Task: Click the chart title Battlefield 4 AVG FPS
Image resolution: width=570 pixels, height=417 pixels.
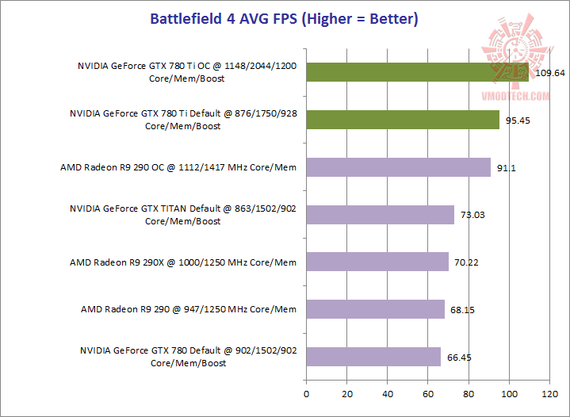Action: pos(285,17)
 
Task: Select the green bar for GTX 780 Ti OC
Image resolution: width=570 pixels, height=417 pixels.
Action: pos(417,72)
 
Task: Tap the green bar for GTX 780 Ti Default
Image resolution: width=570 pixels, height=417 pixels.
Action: pos(403,120)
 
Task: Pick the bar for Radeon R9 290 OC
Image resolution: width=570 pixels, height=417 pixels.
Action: pos(398,167)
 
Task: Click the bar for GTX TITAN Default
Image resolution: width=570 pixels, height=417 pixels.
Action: pos(380,215)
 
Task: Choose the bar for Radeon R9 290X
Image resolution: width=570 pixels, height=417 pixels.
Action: pos(377,262)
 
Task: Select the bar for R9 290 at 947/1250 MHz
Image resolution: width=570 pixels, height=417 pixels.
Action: pos(375,309)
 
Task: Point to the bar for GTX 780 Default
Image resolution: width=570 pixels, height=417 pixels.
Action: pos(373,357)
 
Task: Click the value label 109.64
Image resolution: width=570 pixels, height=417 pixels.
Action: pos(549,73)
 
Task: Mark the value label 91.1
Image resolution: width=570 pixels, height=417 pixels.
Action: pos(506,168)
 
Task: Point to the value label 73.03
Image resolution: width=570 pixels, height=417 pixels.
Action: pos(473,216)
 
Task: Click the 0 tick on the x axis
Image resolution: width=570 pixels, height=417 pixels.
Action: pos(306,392)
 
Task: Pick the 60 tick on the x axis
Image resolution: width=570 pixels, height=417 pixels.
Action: pos(427,392)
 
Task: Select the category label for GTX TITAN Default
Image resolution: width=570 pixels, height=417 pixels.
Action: pos(183,215)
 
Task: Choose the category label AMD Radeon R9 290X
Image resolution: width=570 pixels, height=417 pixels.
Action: pos(183,262)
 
